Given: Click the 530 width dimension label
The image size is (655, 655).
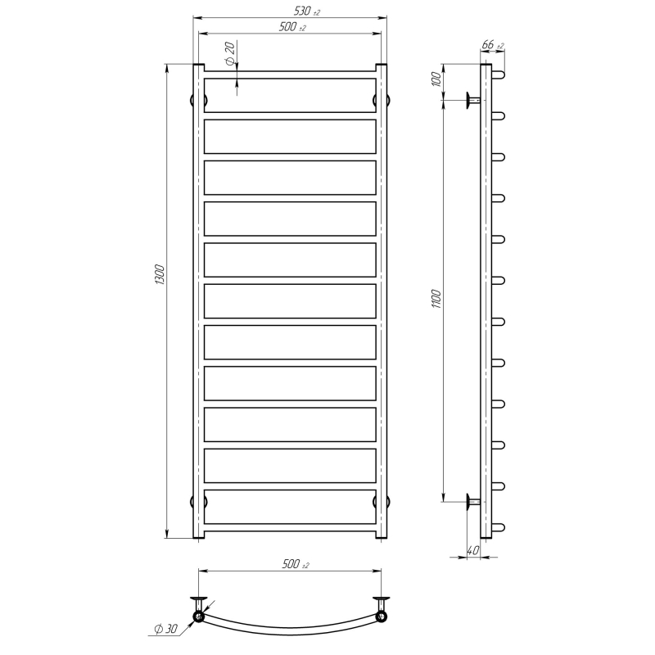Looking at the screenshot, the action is click(x=306, y=11).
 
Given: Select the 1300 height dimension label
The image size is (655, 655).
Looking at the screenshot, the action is click(x=160, y=275).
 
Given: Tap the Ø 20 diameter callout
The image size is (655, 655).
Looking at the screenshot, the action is click(x=230, y=54).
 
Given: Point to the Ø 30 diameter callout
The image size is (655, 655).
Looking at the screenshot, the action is click(x=166, y=629).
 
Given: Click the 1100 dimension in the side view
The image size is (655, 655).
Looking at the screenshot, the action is click(x=436, y=298).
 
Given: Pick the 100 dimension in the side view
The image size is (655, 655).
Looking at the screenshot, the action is click(x=436, y=79).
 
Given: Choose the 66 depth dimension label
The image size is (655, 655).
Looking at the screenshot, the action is click(x=493, y=44).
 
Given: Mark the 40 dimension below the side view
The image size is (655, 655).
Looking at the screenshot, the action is click(x=473, y=550).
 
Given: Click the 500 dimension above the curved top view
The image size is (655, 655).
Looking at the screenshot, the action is click(x=296, y=564).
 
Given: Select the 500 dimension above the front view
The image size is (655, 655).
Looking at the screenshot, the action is click(x=292, y=27).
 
